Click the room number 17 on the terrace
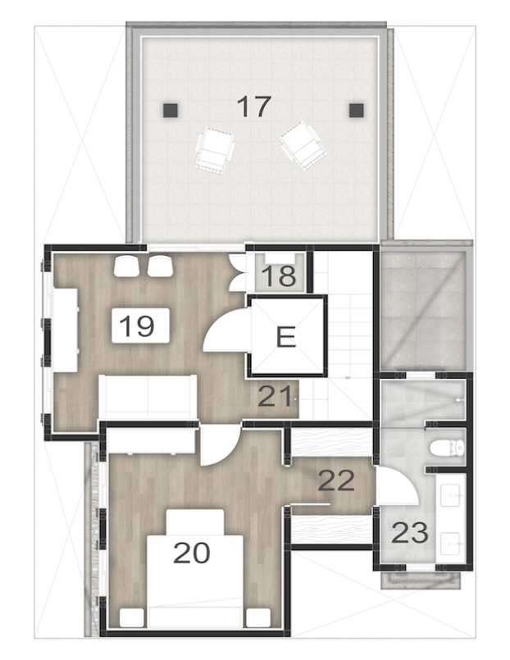(253, 106)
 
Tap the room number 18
(278, 275)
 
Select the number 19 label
(137, 326)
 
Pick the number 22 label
(336, 480)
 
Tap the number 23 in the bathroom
(410, 533)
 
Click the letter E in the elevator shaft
(285, 338)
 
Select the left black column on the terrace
(168, 110)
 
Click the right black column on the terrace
(355, 110)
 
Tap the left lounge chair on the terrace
(215, 151)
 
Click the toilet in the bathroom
(448, 448)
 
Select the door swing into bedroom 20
(217, 447)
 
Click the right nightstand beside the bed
(257, 617)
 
